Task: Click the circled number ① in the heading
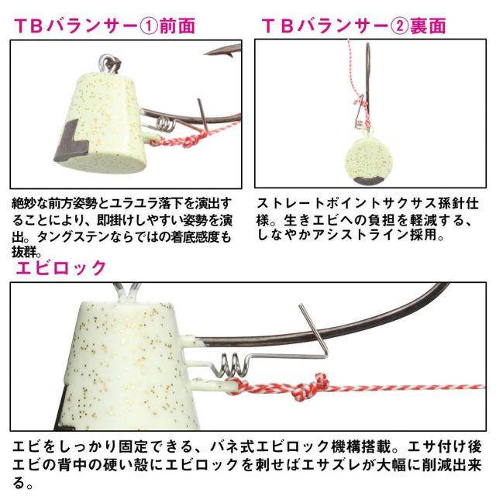point(148,26)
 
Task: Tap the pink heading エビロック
point(61,267)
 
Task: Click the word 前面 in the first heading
point(177,26)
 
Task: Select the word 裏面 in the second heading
point(429,26)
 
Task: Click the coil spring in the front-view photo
point(165,123)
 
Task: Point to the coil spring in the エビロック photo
point(230,366)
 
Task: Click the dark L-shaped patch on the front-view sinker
point(71,143)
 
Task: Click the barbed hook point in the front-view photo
point(220,52)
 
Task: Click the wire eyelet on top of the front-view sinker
point(109,64)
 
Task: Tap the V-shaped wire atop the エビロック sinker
point(127,291)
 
